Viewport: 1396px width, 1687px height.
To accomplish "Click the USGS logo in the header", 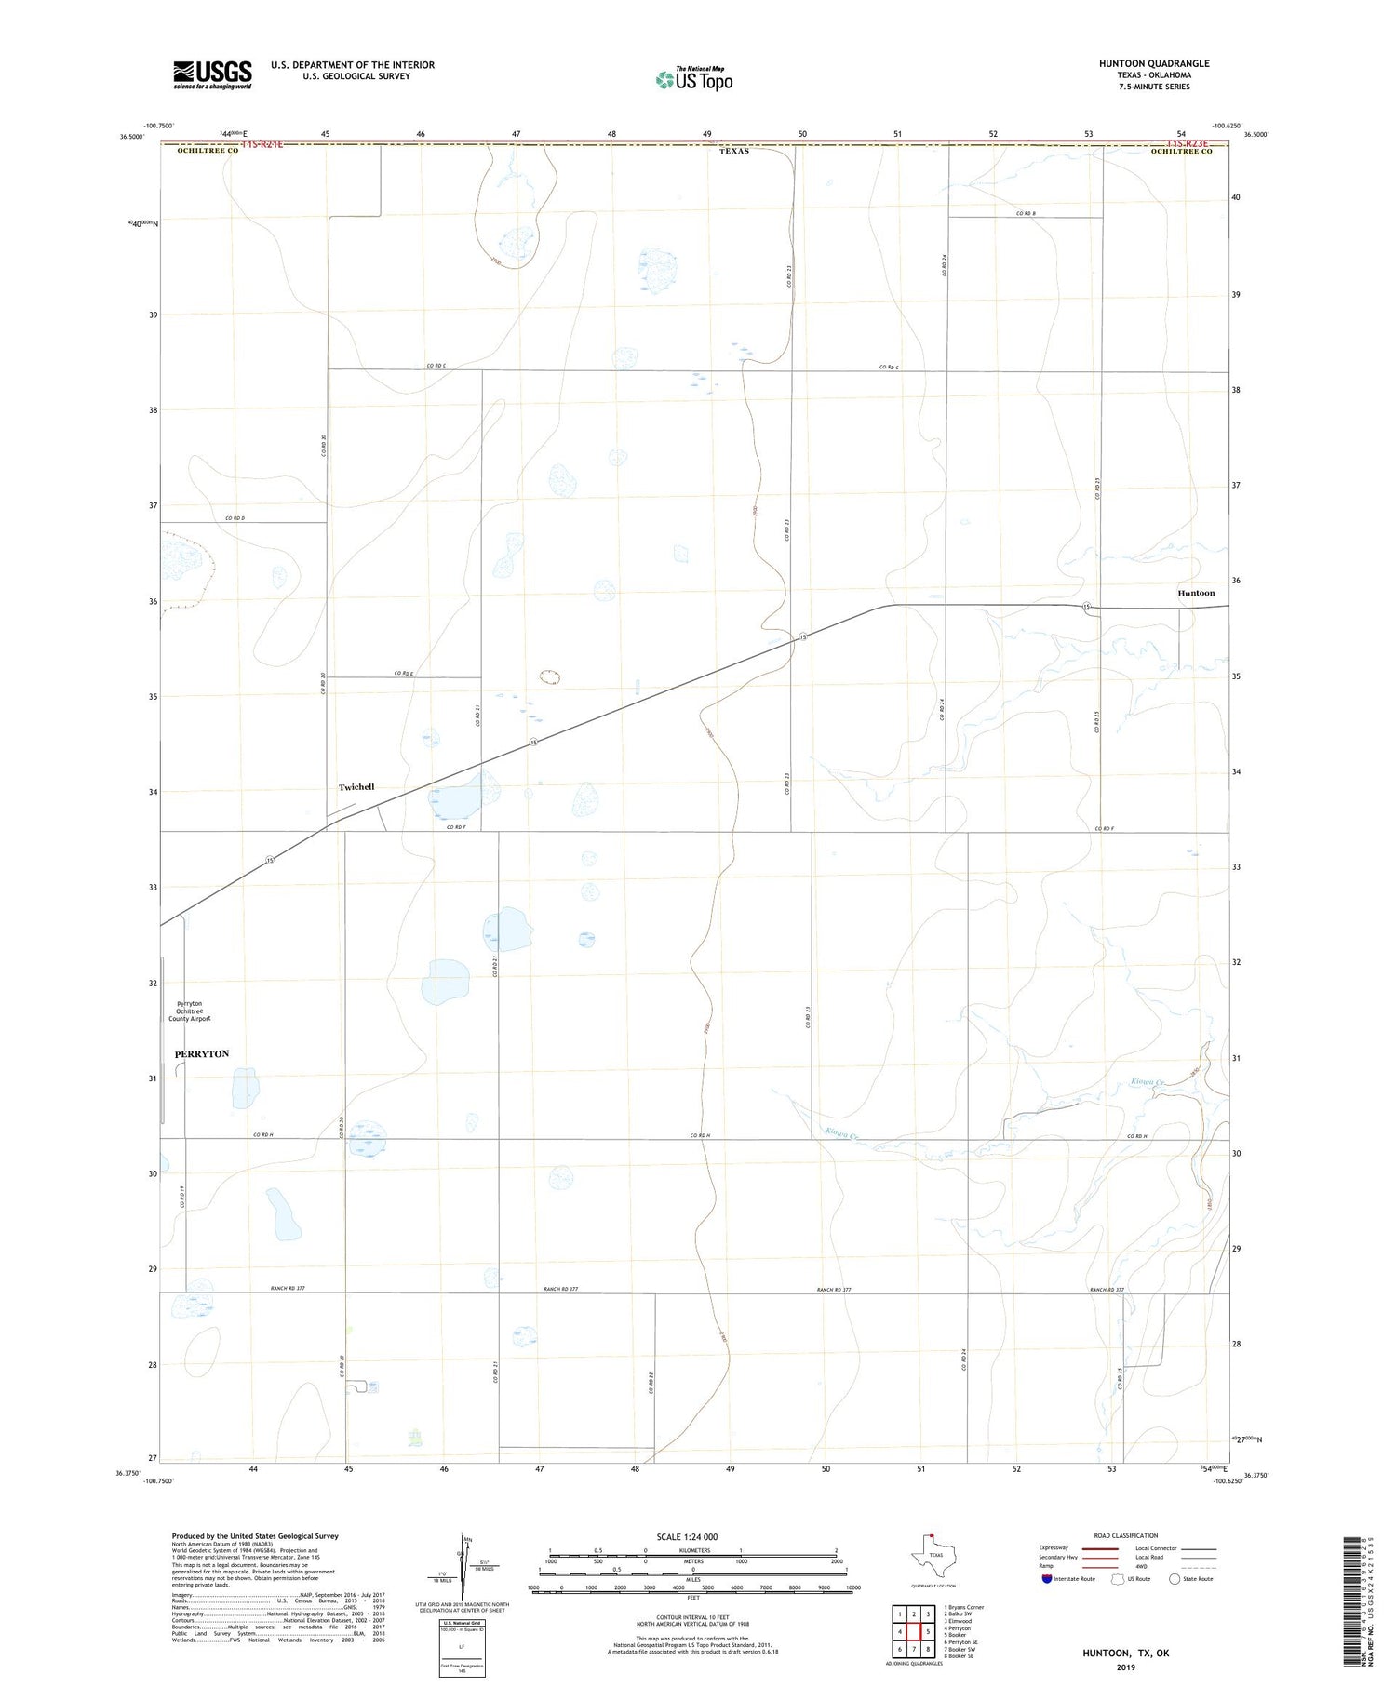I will point(212,74).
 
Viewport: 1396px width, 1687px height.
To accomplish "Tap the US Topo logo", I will point(694,79).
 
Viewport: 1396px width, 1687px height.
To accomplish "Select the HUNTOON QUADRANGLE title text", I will point(1154,63).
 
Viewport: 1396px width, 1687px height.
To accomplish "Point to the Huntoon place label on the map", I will point(1196,593).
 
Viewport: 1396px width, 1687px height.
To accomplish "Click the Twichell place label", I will point(356,787).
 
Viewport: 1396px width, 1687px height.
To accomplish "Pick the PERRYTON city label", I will point(202,1053).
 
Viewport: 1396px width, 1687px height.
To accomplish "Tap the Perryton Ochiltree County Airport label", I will point(190,1011).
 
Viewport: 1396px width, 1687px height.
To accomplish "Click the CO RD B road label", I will point(1026,214).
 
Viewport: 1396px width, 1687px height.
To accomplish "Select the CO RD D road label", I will point(235,518).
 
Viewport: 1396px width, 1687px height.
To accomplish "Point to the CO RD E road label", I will point(403,673).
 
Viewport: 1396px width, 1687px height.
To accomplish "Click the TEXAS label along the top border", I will point(734,151).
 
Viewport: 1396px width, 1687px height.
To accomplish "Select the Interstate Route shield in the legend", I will point(1047,1579).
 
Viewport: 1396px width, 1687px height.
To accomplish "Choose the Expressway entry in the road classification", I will point(1054,1548).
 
